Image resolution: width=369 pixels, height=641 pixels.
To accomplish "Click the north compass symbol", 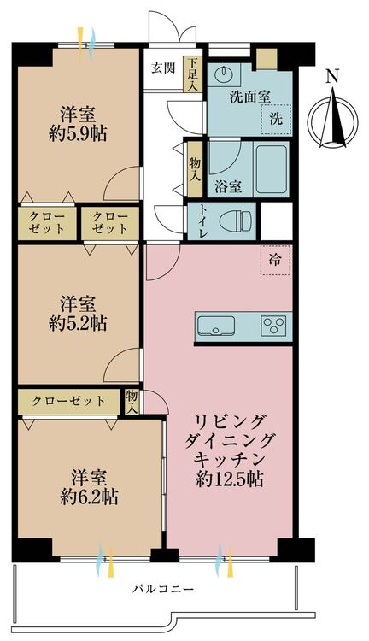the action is click(x=333, y=120).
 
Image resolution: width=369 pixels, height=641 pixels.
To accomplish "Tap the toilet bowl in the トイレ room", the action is click(x=236, y=221).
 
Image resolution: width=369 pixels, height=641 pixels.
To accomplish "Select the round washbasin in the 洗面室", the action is click(x=224, y=74).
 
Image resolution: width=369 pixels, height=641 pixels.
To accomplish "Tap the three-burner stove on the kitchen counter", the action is click(x=274, y=326).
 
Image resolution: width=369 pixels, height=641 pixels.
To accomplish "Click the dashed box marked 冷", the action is click(x=275, y=260).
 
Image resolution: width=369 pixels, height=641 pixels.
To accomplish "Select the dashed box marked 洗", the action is click(x=276, y=120).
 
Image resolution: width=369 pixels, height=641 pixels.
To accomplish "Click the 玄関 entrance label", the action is click(x=163, y=68).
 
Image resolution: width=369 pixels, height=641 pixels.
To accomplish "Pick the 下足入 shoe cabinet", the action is click(x=193, y=74).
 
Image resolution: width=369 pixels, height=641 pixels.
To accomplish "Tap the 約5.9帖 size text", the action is click(x=78, y=134).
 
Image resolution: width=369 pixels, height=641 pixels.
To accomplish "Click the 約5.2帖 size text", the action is click(x=78, y=324).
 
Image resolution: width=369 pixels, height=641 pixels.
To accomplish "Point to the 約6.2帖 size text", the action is click(x=90, y=497).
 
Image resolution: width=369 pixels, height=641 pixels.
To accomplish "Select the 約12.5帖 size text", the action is click(x=229, y=479).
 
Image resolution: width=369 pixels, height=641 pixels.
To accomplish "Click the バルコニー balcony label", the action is click(x=163, y=589).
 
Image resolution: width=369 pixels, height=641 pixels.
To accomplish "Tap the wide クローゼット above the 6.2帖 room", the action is click(x=68, y=401).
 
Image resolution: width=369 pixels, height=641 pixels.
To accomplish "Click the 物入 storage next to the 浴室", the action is click(x=196, y=169).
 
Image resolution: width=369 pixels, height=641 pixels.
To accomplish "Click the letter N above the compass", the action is click(x=333, y=76).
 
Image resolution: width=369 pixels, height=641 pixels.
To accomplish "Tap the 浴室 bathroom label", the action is click(x=228, y=187).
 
